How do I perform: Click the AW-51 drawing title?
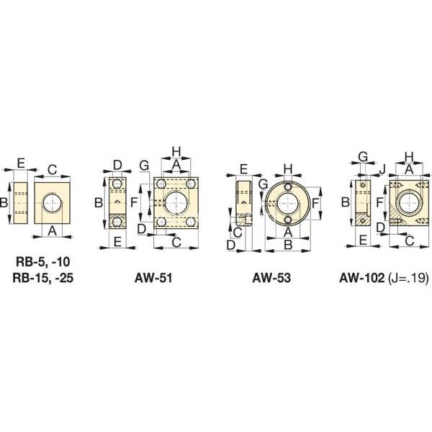[x=153, y=278]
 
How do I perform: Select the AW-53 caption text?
[x=271, y=278]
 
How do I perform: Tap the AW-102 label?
[x=361, y=278]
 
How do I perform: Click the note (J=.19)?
[x=408, y=278]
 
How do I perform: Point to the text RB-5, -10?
[x=43, y=261]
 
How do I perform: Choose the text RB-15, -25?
[x=43, y=278]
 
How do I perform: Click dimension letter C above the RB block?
[x=52, y=170]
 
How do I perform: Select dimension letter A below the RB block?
[x=52, y=231]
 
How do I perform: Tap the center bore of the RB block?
[x=53, y=203]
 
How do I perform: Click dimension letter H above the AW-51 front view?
[x=176, y=151]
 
